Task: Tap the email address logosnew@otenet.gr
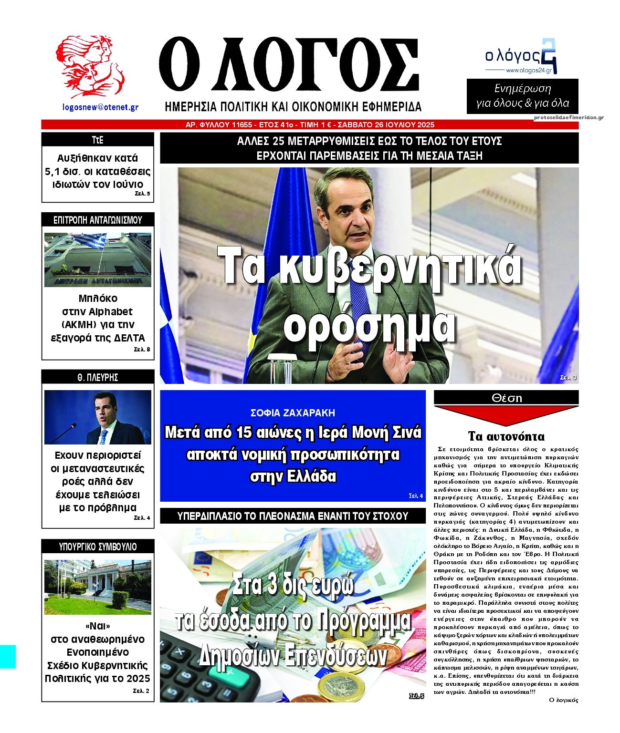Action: tap(100, 107)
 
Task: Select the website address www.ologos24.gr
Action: tap(528, 70)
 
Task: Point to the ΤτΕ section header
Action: tap(97, 140)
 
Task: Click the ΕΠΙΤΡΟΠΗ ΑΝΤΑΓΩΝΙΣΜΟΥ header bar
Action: tap(97, 220)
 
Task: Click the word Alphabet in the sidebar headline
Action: tap(111, 311)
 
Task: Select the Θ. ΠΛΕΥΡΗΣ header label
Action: tap(97, 377)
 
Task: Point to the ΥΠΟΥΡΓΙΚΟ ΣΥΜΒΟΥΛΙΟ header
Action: tap(97, 547)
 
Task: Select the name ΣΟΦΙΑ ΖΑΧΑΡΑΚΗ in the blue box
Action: tap(293, 413)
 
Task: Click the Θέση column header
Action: tap(506, 398)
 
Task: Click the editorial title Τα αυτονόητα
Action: tap(506, 436)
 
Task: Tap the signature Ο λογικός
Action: tap(563, 700)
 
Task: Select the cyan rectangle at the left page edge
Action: tap(8, 657)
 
